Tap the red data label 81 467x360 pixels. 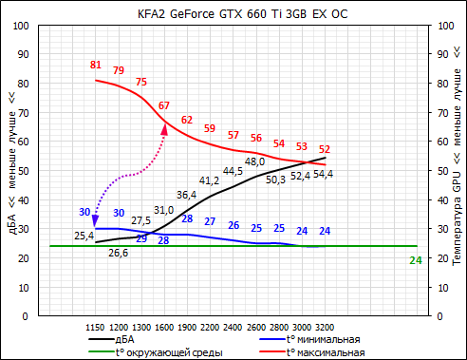tap(95, 65)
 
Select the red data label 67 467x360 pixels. tap(164, 105)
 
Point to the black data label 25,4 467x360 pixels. tap(84, 236)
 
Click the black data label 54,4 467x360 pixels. tap(325, 174)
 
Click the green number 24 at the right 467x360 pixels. tap(415, 260)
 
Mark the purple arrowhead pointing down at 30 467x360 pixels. tap(96, 221)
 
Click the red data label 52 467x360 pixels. tap(325, 149)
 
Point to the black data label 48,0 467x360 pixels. tap(255, 161)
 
